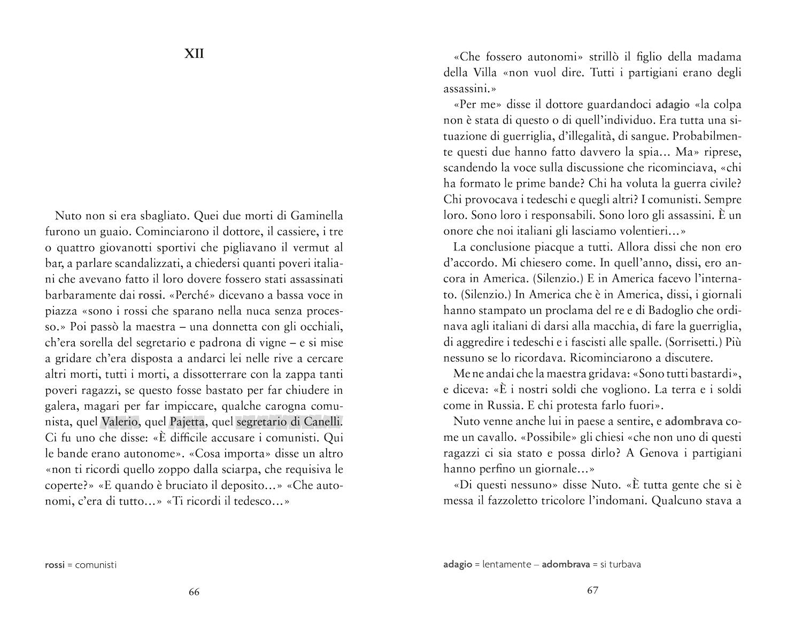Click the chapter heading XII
(x=194, y=54)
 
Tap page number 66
(x=194, y=592)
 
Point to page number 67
(x=592, y=591)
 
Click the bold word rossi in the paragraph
(x=150, y=295)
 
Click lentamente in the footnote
(x=507, y=564)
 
